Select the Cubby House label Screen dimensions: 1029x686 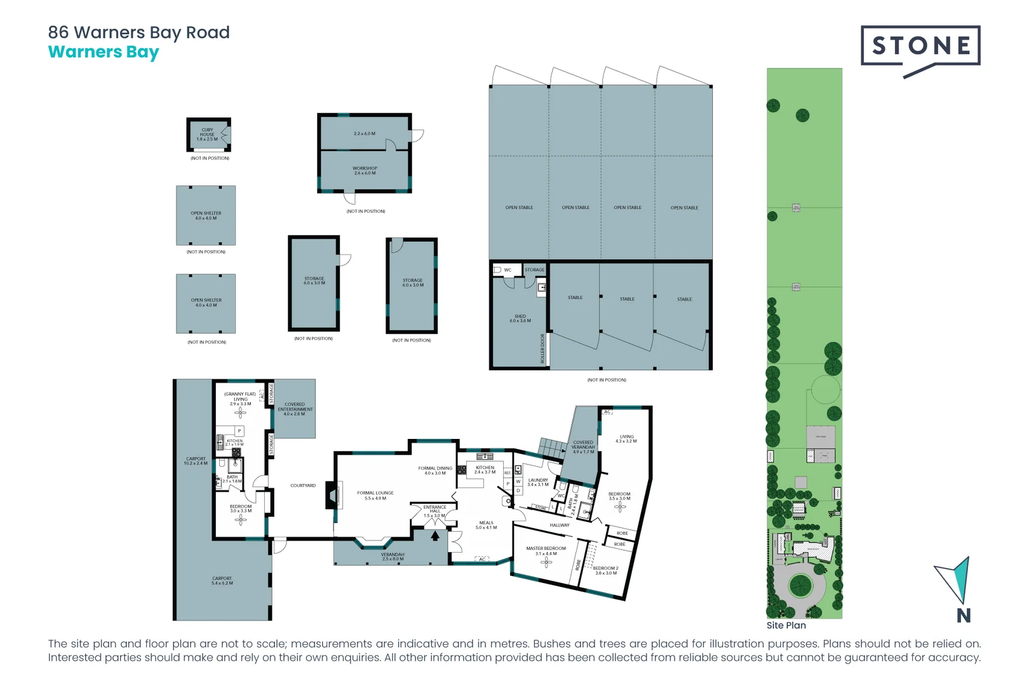point(207,134)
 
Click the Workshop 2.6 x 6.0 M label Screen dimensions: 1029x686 point(365,171)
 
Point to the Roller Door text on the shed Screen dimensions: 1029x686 point(542,349)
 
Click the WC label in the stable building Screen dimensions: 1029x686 point(508,270)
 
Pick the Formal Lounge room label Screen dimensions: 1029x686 point(375,495)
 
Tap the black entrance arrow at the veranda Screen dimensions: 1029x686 point(435,536)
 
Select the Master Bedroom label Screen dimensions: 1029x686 point(546,551)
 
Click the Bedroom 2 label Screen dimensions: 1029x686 point(605,570)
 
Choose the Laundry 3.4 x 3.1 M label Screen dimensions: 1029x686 point(538,483)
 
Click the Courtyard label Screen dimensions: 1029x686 point(303,486)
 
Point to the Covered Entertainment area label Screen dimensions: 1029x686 point(295,409)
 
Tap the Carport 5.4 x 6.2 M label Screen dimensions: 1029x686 point(222,581)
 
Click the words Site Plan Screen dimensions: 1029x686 point(786,626)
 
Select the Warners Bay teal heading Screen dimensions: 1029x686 point(104,52)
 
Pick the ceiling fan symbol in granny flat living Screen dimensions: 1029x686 point(240,413)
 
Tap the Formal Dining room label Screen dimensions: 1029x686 point(435,471)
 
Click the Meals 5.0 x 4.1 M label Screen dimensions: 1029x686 point(486,525)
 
